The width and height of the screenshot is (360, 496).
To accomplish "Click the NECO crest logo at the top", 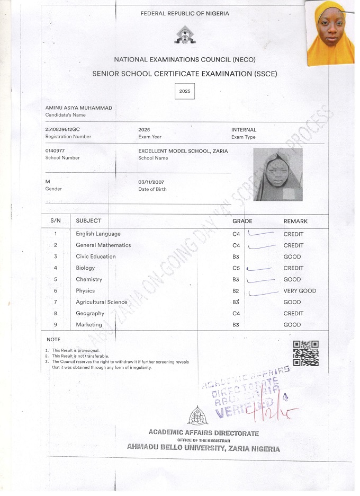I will [x=185, y=36].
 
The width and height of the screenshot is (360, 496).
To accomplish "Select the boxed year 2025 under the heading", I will [x=185, y=91].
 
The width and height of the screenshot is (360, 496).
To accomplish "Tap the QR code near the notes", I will [x=306, y=353].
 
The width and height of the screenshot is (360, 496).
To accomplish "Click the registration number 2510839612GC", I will [x=62, y=130].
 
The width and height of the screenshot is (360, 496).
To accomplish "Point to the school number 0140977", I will [x=55, y=151].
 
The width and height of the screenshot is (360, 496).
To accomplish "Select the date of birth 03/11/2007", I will [x=151, y=182].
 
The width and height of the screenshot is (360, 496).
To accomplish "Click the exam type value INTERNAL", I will [x=244, y=130].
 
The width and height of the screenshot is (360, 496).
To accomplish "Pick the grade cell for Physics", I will [x=236, y=291].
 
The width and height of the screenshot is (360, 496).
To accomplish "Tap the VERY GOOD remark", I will [x=300, y=291].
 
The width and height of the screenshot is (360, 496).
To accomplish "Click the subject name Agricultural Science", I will [x=102, y=302].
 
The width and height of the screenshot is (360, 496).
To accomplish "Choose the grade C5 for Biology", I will [x=236, y=268].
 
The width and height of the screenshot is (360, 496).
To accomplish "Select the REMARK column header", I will [x=295, y=221].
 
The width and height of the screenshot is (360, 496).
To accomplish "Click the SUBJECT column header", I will [x=88, y=220].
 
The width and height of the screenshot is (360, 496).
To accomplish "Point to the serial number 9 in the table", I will [x=56, y=324].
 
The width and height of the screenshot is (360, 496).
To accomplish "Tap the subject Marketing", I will [x=89, y=325].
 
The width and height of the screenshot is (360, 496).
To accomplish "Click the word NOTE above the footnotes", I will [x=53, y=339].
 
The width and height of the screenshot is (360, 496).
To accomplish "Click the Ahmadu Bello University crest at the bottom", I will [x=197, y=417].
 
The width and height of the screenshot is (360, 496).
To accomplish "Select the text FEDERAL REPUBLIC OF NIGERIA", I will [x=185, y=13].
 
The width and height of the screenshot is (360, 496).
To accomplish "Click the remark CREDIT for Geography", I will [x=293, y=313].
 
